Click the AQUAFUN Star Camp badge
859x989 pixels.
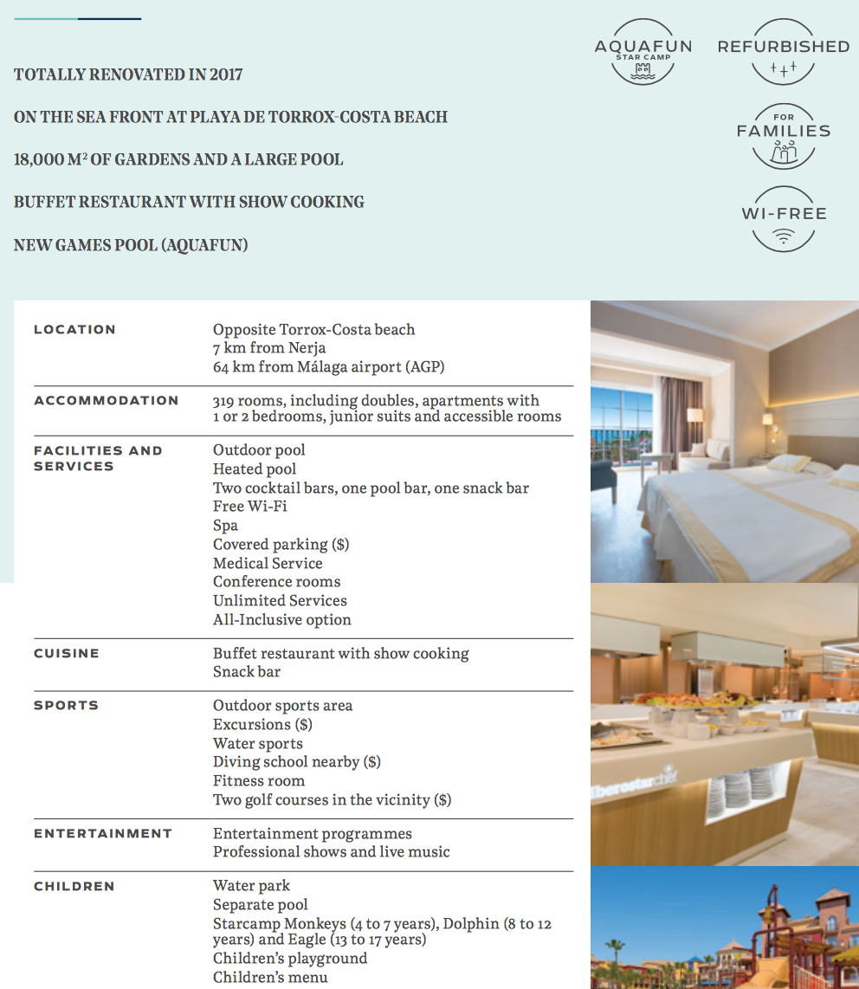pyautogui.click(x=643, y=52)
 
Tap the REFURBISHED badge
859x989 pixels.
pyautogui.click(x=783, y=52)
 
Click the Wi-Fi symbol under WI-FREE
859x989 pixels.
pyautogui.click(x=783, y=236)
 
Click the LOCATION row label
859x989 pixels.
pyautogui.click(x=74, y=330)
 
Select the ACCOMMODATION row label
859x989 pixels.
pyautogui.click(x=106, y=401)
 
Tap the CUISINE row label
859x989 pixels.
pyautogui.click(x=67, y=654)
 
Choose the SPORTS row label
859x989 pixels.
pyautogui.click(x=66, y=706)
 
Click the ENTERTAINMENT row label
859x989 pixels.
pyautogui.click(x=103, y=834)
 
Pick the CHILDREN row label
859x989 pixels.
pyautogui.click(x=74, y=887)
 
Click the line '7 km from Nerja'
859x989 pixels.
pyautogui.click(x=269, y=348)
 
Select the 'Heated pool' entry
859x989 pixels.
pyautogui.click(x=255, y=469)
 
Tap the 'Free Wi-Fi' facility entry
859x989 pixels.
pyautogui.click(x=249, y=507)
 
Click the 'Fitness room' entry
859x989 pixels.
pyautogui.click(x=259, y=781)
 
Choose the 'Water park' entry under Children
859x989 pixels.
pyautogui.click(x=251, y=886)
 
